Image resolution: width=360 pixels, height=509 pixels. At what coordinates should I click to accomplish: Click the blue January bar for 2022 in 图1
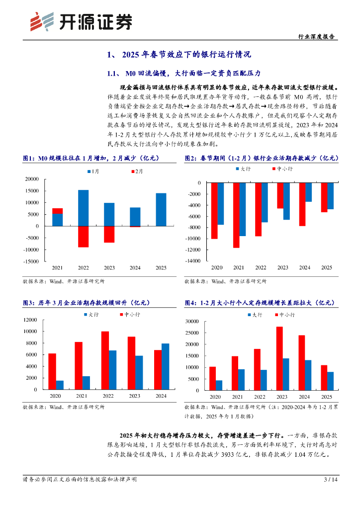click(83, 208)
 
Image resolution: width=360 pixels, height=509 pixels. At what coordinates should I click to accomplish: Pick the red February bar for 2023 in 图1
click(109, 234)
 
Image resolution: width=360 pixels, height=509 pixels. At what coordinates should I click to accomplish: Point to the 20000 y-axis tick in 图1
click(31, 179)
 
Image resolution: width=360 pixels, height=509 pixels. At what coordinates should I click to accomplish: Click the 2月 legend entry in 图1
click(137, 171)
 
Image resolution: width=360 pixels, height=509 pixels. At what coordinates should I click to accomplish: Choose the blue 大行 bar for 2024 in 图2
click(308, 192)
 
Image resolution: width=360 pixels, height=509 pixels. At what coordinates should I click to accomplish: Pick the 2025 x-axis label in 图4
click(327, 397)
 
